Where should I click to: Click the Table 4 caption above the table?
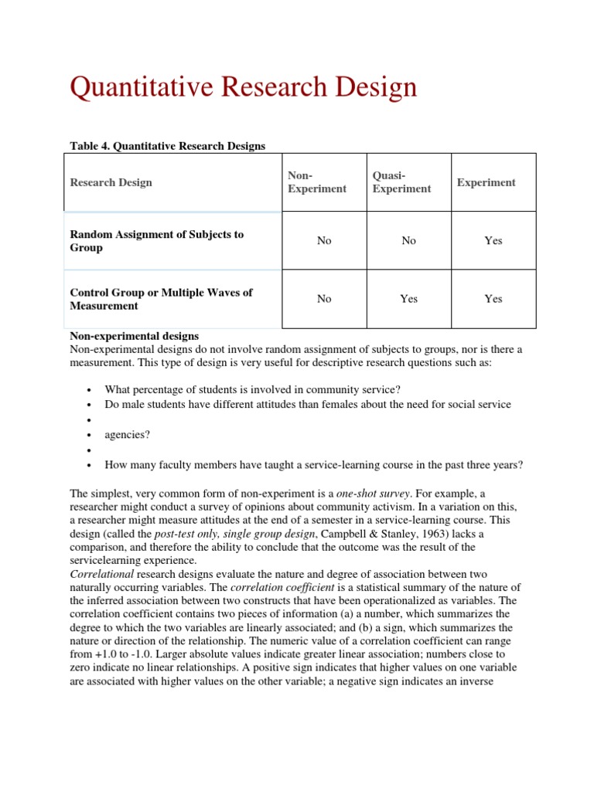point(167,145)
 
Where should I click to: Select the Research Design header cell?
point(111,183)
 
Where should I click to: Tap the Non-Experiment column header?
point(316,183)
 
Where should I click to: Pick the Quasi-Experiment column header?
point(401,183)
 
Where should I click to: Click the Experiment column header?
point(486,183)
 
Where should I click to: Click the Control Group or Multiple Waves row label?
point(161,299)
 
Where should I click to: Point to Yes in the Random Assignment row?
point(493,241)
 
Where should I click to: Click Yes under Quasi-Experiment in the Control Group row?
point(409,299)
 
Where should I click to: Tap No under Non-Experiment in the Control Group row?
point(324,299)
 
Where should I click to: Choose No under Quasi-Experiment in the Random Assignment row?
point(409,241)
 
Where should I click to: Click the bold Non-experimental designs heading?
point(135,336)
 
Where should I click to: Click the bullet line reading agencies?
point(128,435)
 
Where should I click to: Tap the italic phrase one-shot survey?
point(370,493)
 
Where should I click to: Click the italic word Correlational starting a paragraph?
point(102,573)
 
